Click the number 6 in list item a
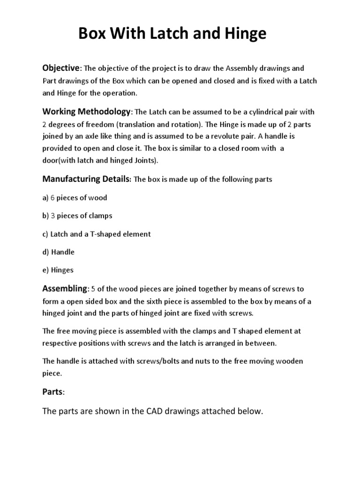(x=53, y=198)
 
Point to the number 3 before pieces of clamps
(x=53, y=216)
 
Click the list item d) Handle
(x=59, y=252)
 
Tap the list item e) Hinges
(x=58, y=270)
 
